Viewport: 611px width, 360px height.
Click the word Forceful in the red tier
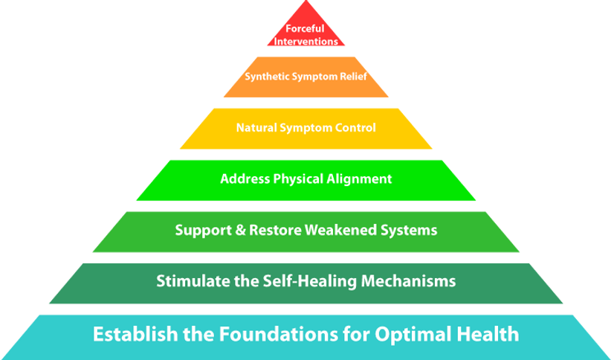[x=305, y=29]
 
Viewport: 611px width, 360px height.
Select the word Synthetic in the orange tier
[x=265, y=76]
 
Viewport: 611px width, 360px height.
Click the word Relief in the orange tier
[x=353, y=76]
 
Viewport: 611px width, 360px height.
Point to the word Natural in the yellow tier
[x=256, y=128]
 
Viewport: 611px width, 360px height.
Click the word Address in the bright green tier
[x=242, y=179]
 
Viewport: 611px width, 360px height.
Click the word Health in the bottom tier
[x=487, y=334]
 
